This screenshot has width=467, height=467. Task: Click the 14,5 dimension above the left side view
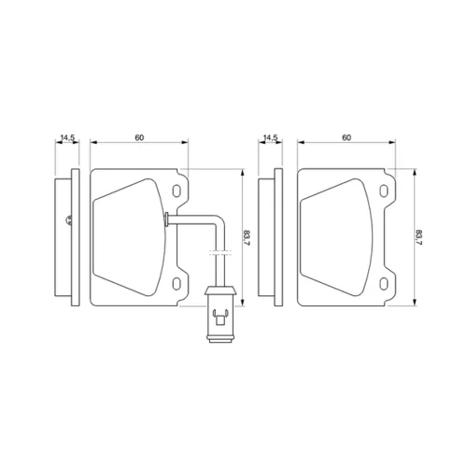point(67,137)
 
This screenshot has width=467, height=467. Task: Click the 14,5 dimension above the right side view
point(270,137)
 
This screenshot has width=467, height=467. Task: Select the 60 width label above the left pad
point(139,137)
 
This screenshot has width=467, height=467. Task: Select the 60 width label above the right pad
point(347,137)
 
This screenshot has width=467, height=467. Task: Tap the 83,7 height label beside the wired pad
point(247,238)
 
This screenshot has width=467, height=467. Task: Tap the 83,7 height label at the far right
point(418,238)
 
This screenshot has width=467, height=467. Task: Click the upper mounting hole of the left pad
point(177,191)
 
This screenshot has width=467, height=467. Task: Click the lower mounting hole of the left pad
point(177,284)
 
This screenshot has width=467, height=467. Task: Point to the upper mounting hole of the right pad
point(384,191)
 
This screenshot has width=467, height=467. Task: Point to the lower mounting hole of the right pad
point(384,284)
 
